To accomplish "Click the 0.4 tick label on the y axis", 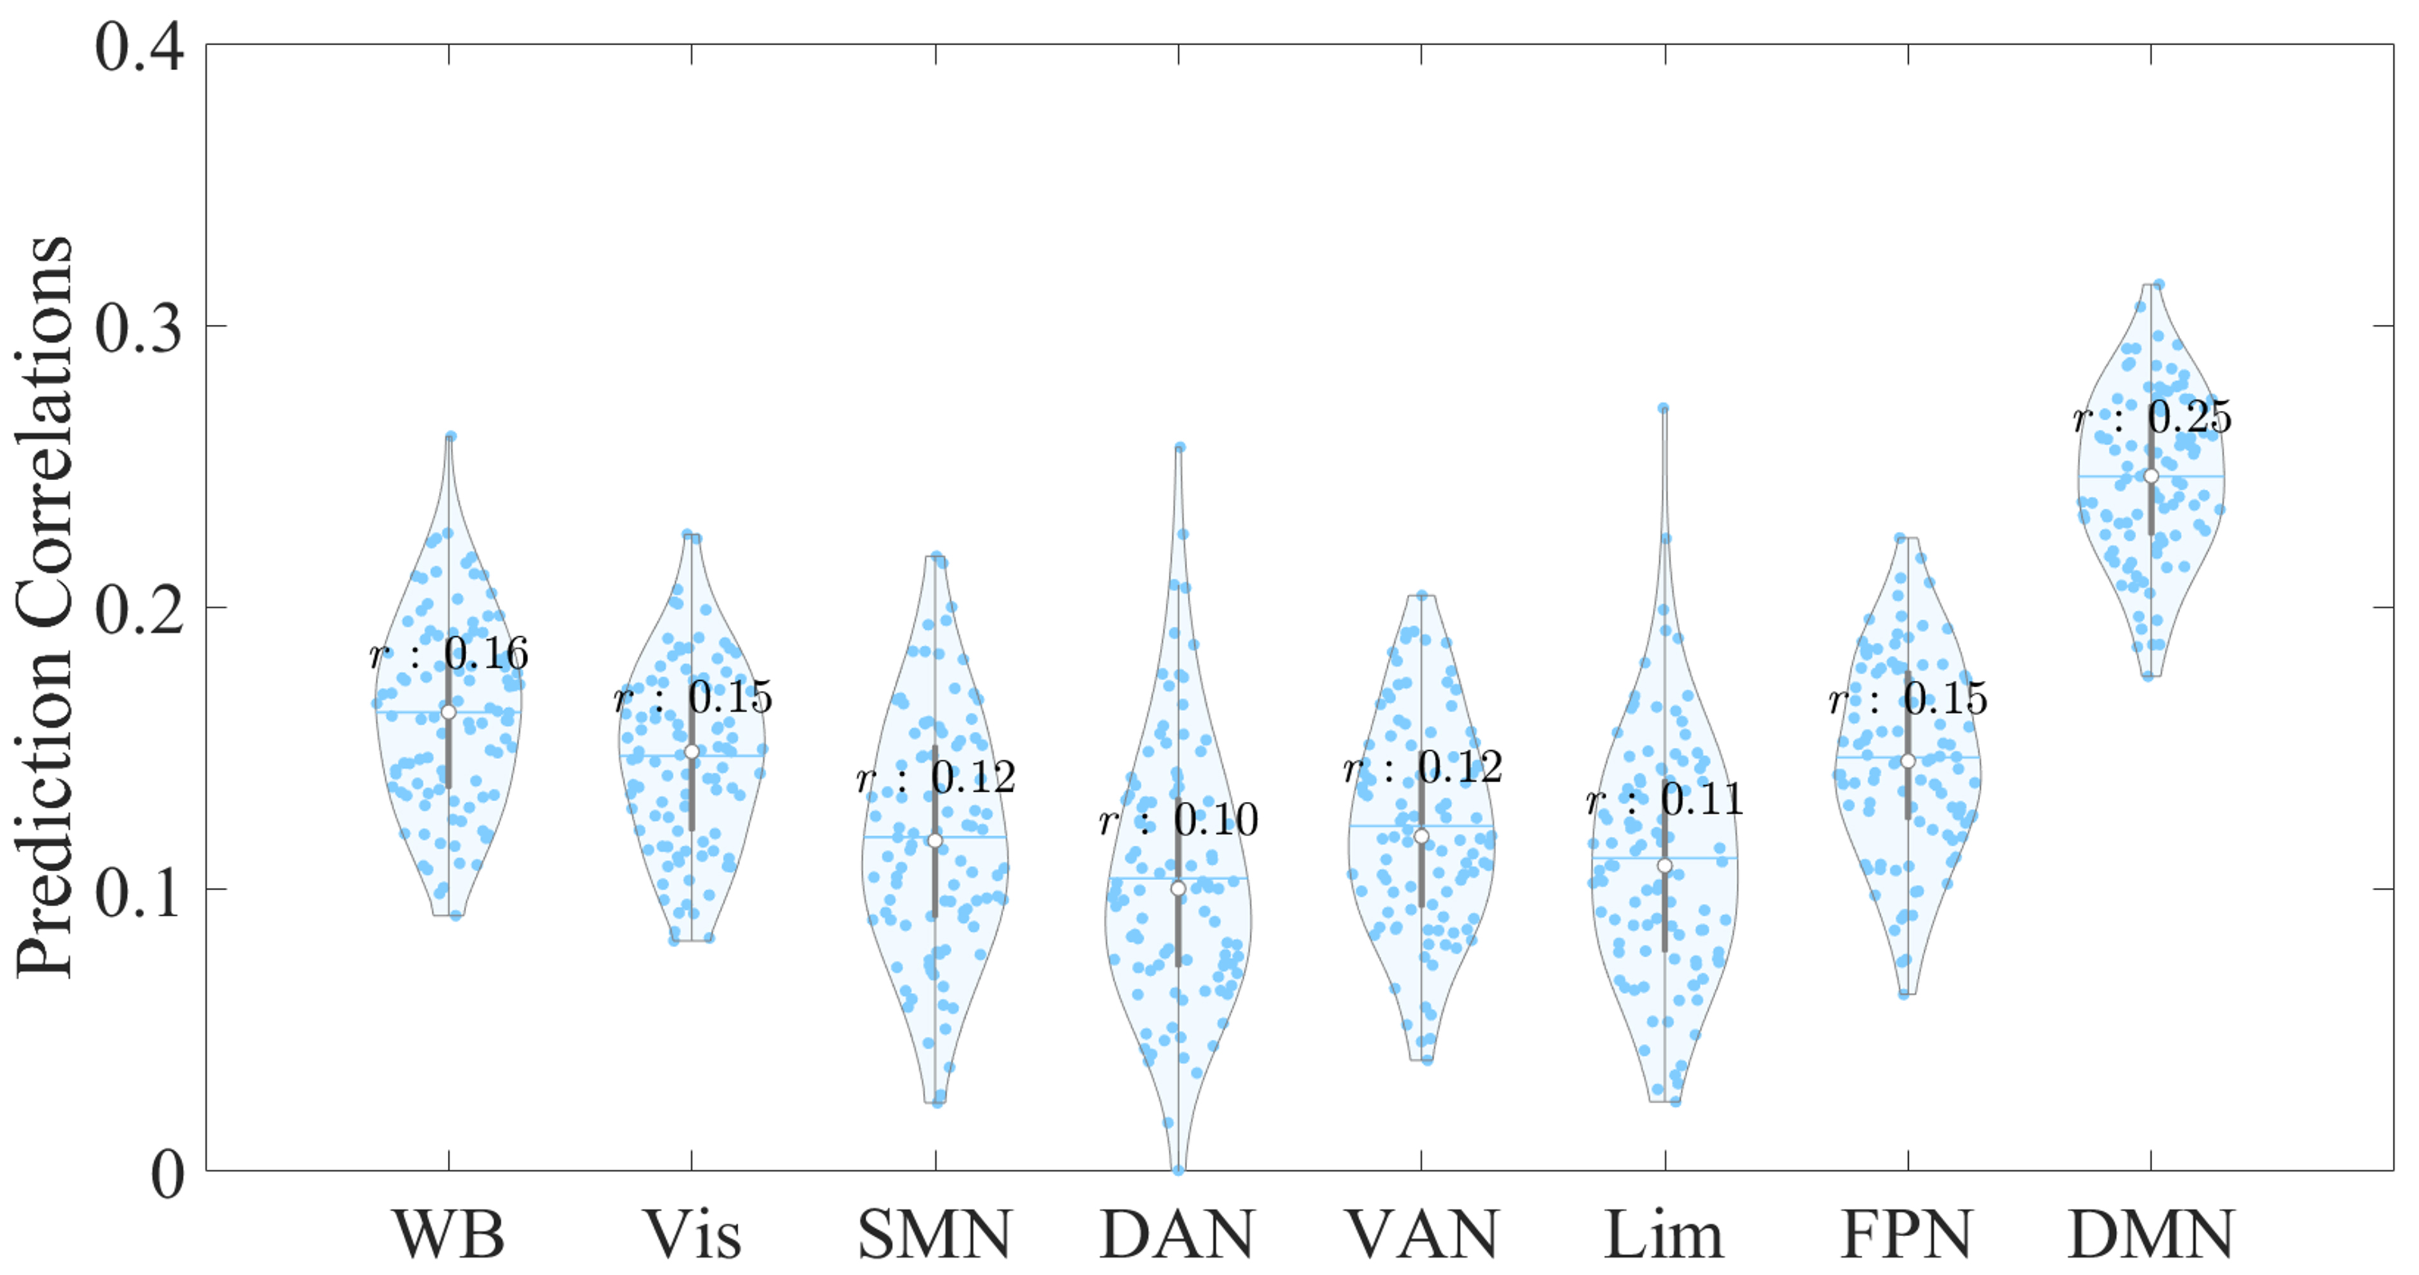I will (x=139, y=47).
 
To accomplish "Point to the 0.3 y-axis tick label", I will (x=139, y=328).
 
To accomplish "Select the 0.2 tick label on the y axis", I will (x=139, y=609).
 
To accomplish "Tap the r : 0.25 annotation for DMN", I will (x=2152, y=417).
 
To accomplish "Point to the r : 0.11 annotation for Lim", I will (x=1665, y=799).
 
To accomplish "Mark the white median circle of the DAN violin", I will (x=1178, y=888).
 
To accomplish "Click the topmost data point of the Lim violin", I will (x=1663, y=408).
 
